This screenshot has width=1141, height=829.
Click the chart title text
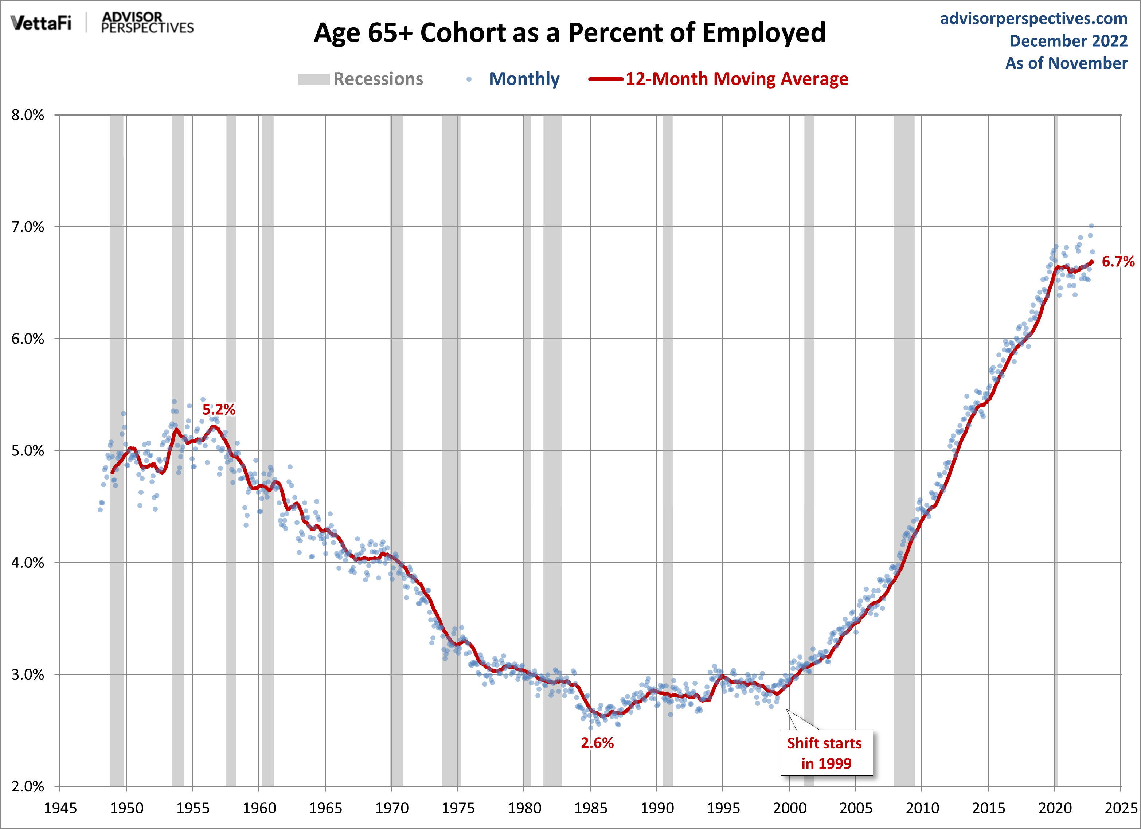[570, 33]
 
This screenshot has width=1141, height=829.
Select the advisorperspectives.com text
[1033, 19]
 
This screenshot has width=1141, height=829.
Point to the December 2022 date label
[1068, 41]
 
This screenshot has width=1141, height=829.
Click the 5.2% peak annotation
[219, 410]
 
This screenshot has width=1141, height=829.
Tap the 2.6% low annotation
[597, 743]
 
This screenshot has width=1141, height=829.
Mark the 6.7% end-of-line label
[1118, 262]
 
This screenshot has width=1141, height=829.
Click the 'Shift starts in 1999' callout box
[826, 752]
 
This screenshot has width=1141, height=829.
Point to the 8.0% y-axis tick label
[28, 115]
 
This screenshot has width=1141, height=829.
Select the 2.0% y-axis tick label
[28, 786]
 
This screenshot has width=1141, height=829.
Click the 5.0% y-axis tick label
[28, 451]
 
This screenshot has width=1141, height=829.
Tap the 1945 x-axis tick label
[60, 808]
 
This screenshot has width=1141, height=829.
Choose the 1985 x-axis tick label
[591, 808]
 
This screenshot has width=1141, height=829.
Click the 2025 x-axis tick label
[1121, 808]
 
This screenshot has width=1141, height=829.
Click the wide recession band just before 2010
[904, 453]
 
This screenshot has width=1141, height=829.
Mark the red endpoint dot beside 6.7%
[1092, 262]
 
